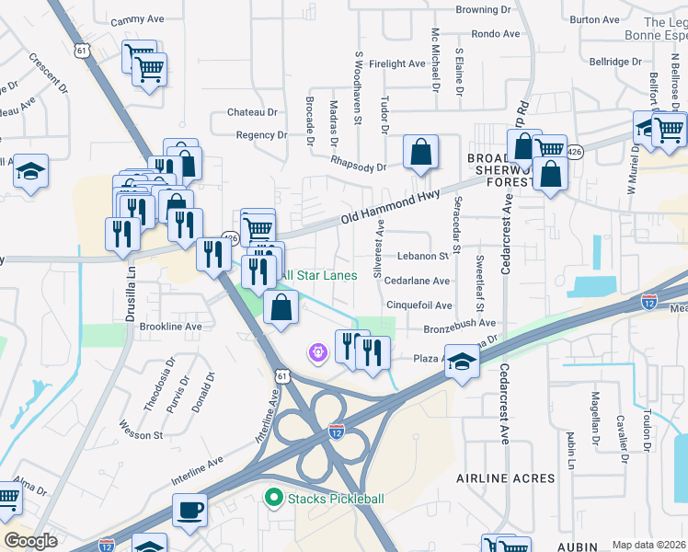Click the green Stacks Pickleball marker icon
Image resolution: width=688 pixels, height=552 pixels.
pos(272,500)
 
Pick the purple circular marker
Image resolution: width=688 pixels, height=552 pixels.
pos(318,352)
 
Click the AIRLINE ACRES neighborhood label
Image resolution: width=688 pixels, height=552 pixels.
pos(506,478)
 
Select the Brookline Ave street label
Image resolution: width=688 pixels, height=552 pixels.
pos(169,327)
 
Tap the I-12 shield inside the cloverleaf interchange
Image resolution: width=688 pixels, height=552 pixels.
pos(337,430)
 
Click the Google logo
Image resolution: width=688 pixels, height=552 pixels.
pos(31,541)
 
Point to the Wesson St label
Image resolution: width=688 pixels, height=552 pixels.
pos(141,429)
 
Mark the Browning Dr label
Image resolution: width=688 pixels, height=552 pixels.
pos(484,9)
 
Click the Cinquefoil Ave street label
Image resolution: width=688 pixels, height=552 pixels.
pos(419,305)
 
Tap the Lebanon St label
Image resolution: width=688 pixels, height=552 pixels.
pos(422,257)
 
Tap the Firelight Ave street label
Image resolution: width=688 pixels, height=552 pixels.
pos(397,63)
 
